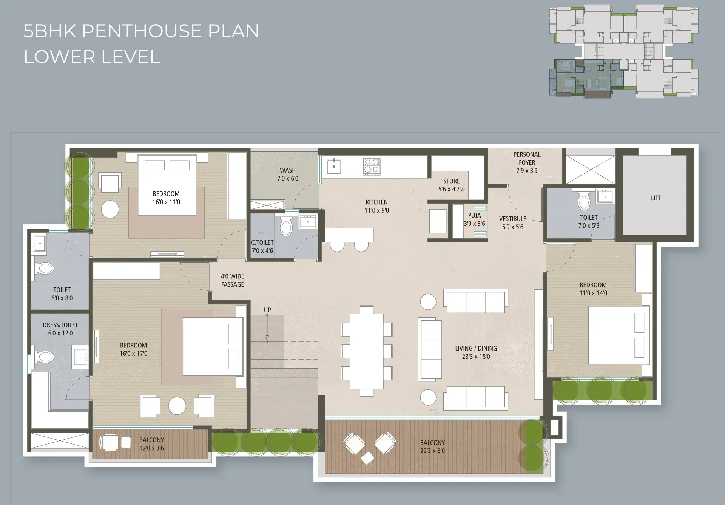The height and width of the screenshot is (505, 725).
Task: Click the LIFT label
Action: (x=656, y=198)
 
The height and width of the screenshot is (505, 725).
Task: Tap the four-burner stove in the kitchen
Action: (x=372, y=166)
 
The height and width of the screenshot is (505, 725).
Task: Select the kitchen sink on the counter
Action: (x=334, y=166)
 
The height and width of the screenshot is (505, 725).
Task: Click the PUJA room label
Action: (x=474, y=216)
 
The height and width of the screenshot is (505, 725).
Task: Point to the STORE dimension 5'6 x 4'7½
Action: (x=452, y=189)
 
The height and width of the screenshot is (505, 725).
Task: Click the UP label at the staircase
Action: (x=267, y=310)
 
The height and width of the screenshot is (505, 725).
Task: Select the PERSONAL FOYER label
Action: (x=527, y=158)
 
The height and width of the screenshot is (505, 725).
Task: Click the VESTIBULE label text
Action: (x=512, y=219)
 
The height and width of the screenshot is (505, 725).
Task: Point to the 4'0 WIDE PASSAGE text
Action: (x=233, y=280)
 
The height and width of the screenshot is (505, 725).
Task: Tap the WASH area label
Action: (x=288, y=170)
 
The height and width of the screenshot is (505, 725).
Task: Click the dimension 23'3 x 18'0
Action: (x=476, y=356)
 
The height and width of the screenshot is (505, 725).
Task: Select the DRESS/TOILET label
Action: (x=60, y=325)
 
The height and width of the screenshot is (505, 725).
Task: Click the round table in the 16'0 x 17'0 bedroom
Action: (x=177, y=406)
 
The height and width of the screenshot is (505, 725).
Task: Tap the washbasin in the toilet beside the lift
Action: (x=606, y=197)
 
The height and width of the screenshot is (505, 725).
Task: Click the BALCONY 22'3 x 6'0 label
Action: (x=432, y=447)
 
